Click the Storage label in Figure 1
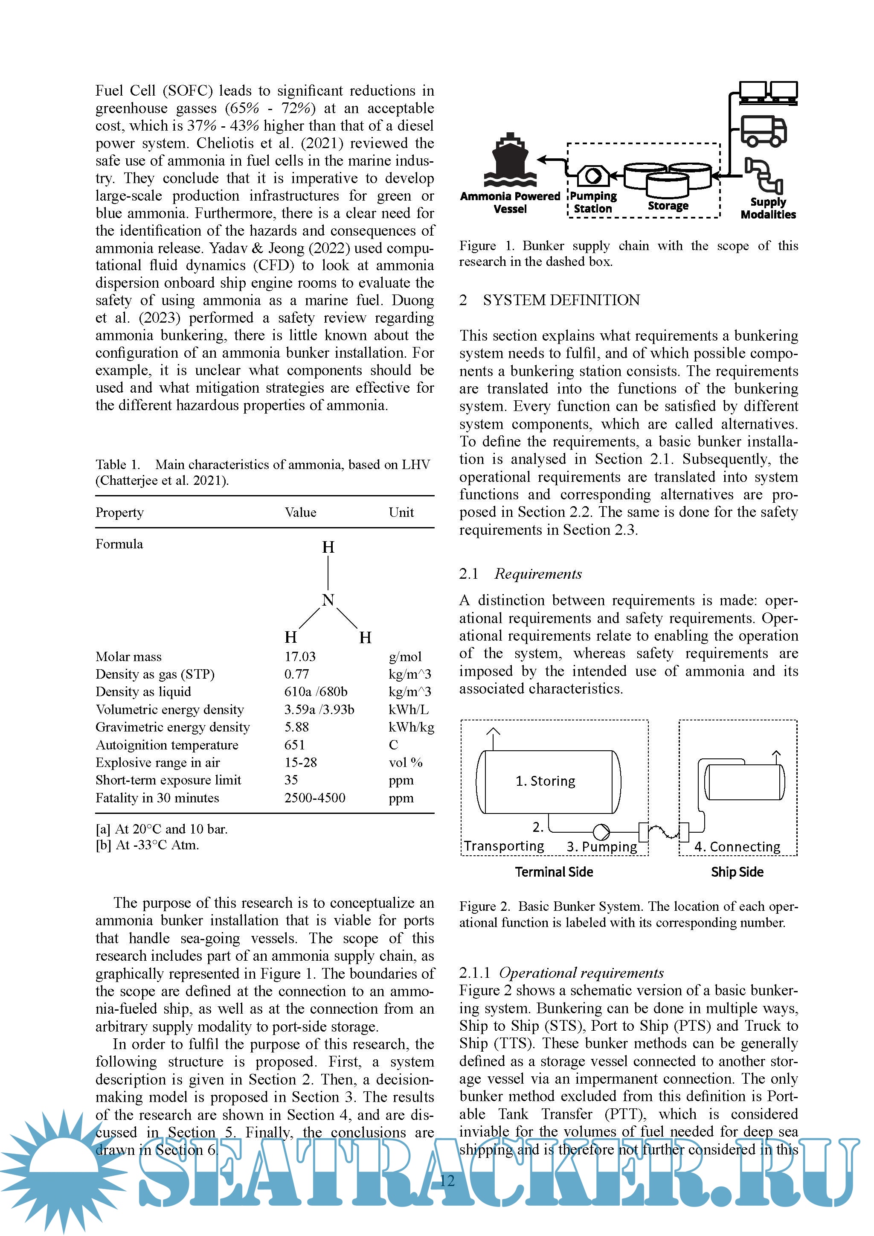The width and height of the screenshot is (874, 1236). pos(668,206)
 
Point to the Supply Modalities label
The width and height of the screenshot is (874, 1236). pos(768,208)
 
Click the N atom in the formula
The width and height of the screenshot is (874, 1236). pos(328,600)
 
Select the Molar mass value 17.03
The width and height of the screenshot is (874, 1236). pos(300,656)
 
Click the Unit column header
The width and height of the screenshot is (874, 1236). pos(401,512)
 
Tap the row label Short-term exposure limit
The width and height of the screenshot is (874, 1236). pos(168,780)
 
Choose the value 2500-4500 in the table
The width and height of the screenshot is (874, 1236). pos(315,798)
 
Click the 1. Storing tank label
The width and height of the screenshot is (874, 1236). pos(545,781)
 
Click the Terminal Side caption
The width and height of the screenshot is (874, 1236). pos(554,872)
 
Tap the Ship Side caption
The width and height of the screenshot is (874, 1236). pos(737,872)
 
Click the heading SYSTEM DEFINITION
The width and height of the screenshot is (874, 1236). pos(561,300)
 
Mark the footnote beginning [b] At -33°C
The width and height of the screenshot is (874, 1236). pos(147,845)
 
